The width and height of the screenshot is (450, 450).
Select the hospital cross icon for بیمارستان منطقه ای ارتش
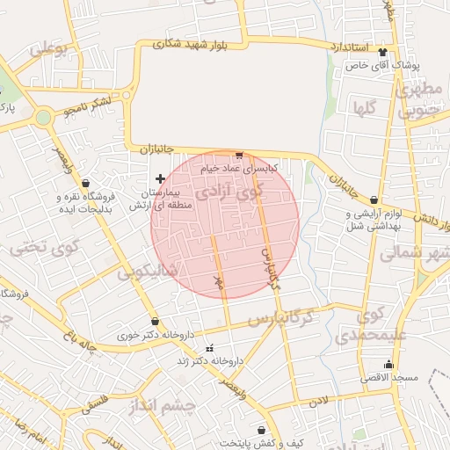[160, 178]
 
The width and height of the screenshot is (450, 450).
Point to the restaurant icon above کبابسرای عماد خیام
[239, 156]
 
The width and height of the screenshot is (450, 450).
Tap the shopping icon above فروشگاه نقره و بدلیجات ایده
[85, 183]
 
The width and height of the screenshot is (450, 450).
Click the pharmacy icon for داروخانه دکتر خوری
[156, 322]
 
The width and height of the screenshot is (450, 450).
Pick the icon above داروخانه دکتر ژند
[209, 348]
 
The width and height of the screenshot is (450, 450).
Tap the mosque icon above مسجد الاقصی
[388, 364]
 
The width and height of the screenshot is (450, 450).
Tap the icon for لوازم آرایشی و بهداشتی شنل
[375, 200]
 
